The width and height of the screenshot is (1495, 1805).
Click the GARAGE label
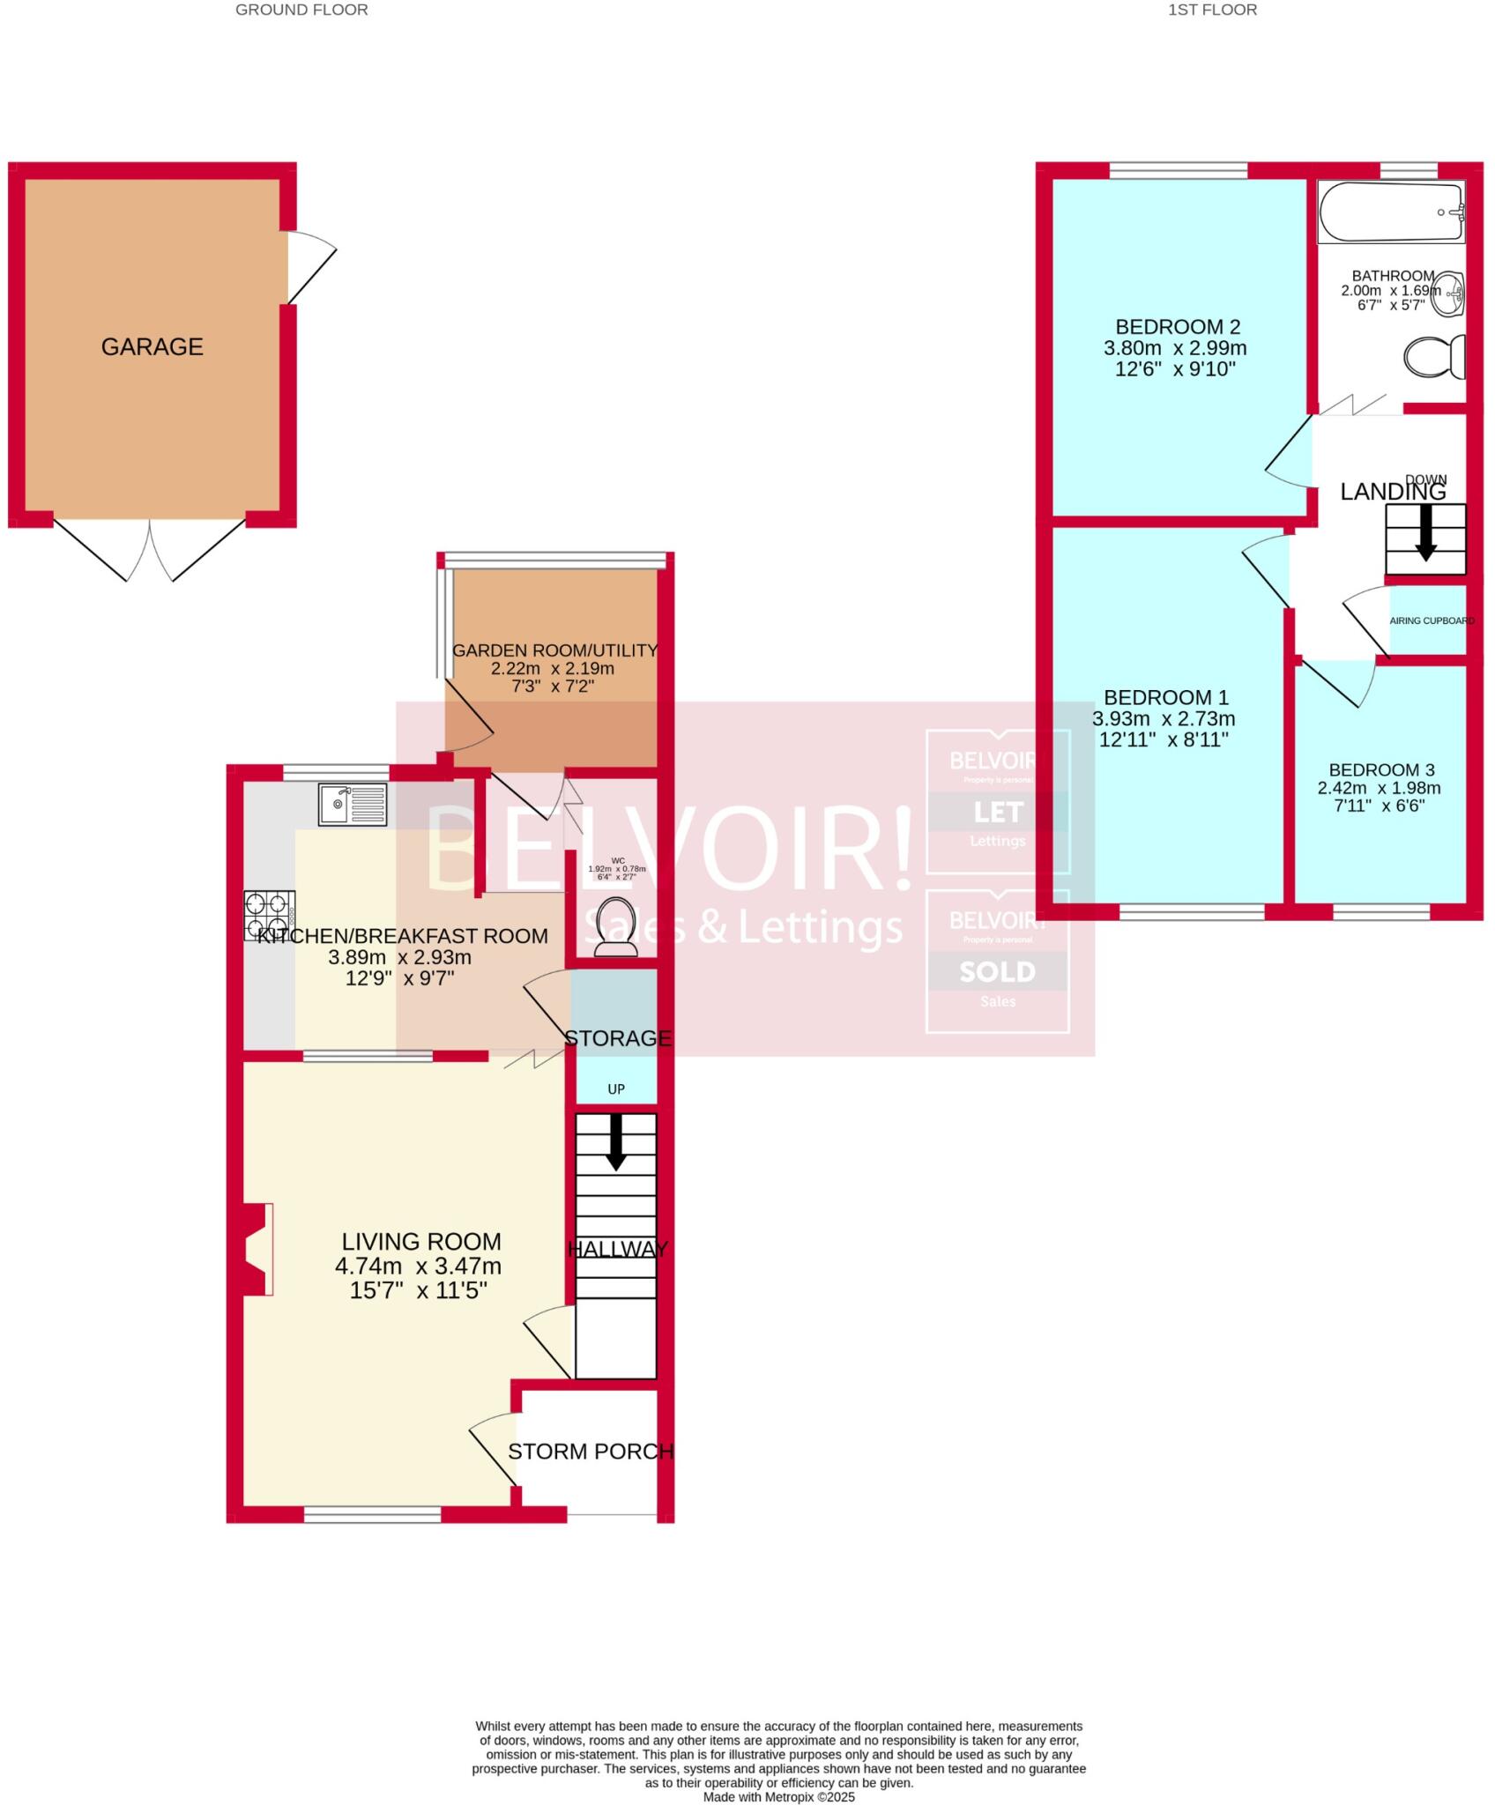tap(152, 347)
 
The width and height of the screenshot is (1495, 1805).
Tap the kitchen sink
tap(353, 804)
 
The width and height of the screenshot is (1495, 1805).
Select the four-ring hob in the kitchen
tap(269, 915)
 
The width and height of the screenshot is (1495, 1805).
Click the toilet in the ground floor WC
tap(616, 926)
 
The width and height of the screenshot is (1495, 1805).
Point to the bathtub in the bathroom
tap(1390, 212)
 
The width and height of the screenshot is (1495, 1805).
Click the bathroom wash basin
tap(1447, 293)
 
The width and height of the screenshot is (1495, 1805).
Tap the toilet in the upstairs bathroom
tap(1433, 357)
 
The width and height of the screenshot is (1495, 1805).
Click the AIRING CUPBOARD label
tap(1432, 620)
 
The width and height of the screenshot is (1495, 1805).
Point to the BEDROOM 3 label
tap(1381, 769)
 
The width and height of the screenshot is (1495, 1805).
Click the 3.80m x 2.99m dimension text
tap(1175, 348)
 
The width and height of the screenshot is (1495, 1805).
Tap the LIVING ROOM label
tap(421, 1242)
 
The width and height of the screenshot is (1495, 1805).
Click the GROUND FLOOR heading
tap(301, 11)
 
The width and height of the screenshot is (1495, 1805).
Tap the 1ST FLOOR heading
tap(1212, 11)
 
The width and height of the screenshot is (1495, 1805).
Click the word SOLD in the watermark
tap(997, 971)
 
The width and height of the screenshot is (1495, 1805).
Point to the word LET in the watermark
tap(998, 812)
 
